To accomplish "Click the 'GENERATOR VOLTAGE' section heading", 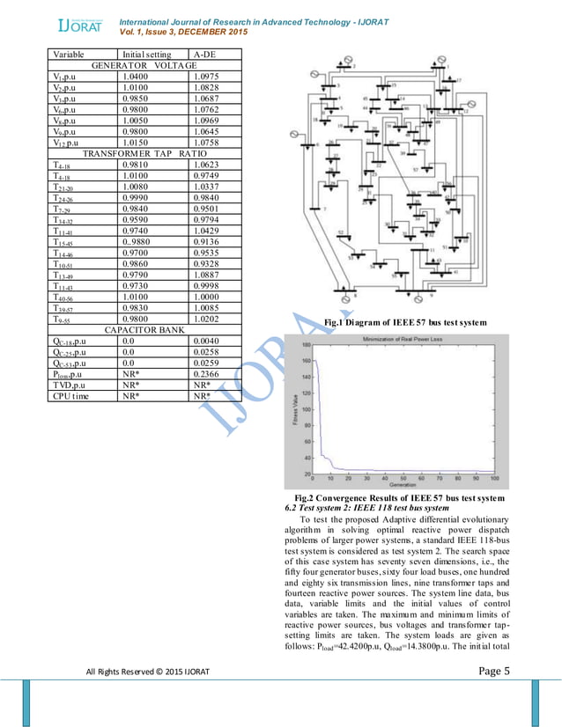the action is pos(145,66).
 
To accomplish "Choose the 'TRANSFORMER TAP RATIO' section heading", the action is pos(145,153).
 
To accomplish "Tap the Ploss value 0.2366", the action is pos(206,372).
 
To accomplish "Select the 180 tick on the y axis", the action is pos(306,345).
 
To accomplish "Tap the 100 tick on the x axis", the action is pos(496,479).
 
